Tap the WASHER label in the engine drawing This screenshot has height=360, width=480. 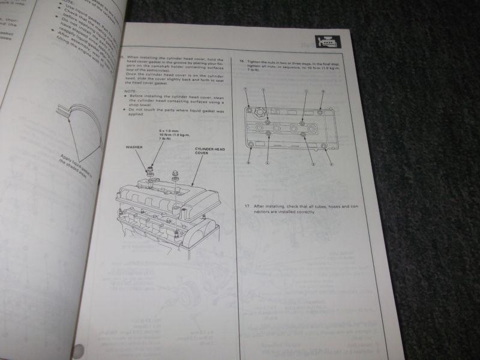click(134, 146)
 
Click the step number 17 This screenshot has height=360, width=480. click(247, 205)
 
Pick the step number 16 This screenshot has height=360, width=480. click(241, 61)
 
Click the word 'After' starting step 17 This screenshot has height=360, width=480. click(259, 205)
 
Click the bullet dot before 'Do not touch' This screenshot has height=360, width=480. click(125, 110)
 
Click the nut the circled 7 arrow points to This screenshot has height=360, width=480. click(250, 109)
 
